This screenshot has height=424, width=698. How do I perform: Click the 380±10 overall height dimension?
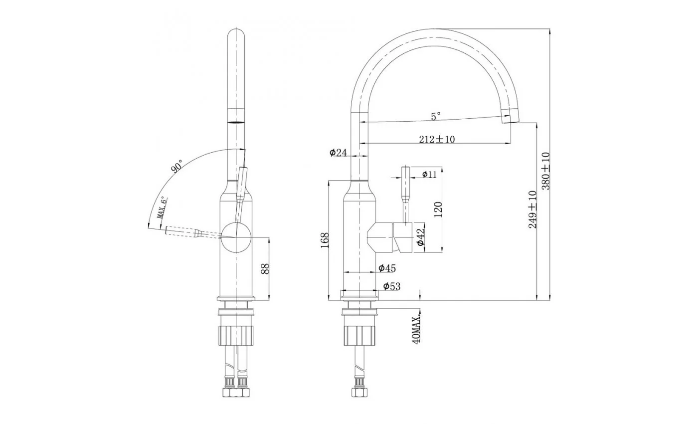pyautogui.click(x=546, y=171)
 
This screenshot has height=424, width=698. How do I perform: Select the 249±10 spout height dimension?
pyautogui.click(x=533, y=210)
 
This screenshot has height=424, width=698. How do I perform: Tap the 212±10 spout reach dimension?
pyautogui.click(x=437, y=139)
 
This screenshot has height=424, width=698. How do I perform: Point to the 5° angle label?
pyautogui.click(x=436, y=116)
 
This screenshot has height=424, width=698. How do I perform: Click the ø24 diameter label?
pyautogui.click(x=338, y=153)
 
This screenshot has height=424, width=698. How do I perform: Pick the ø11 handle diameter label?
pyautogui.click(x=429, y=174)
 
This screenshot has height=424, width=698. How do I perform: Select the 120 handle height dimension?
pyautogui.click(x=438, y=209)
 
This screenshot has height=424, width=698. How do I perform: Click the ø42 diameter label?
pyautogui.click(x=421, y=237)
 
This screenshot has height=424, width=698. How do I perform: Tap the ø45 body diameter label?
pyautogui.click(x=387, y=268)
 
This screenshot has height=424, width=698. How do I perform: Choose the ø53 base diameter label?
pyautogui.click(x=392, y=286)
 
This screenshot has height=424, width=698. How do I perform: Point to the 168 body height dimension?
pyautogui.click(x=325, y=240)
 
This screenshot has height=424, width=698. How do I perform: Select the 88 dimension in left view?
pyautogui.click(x=265, y=268)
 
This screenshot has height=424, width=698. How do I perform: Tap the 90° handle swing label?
pyautogui.click(x=176, y=166)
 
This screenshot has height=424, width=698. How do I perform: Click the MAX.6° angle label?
pyautogui.click(x=162, y=208)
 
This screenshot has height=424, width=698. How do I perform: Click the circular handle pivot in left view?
pyautogui.click(x=236, y=237)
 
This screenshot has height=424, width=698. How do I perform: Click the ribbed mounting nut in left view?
pyautogui.click(x=236, y=336)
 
